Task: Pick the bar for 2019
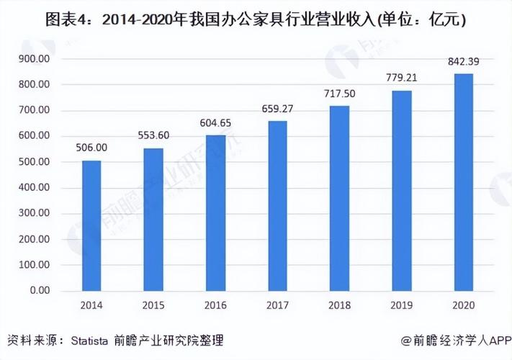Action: pyautogui.click(x=402, y=191)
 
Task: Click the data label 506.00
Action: pyautogui.click(x=91, y=148)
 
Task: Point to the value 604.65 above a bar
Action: pyautogui.click(x=215, y=122)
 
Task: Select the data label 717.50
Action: pyautogui.click(x=340, y=94)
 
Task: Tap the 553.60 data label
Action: pyautogui.click(x=153, y=135)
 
